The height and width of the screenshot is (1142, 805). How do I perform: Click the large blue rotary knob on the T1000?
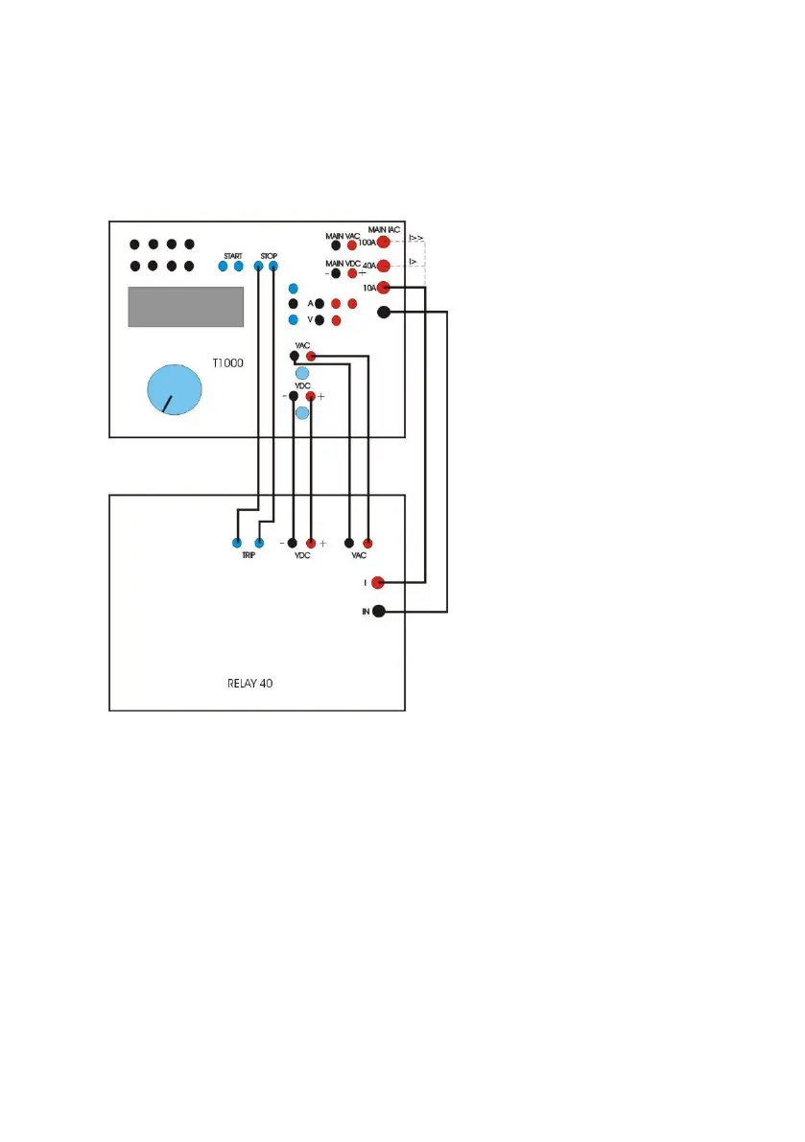[175, 392]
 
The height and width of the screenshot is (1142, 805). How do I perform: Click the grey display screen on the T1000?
[185, 307]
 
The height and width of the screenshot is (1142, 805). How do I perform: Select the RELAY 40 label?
[246, 685]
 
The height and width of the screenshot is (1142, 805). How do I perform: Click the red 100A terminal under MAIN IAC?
[383, 243]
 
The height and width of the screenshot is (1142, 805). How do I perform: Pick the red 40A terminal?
[383, 266]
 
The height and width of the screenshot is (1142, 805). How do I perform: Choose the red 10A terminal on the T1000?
[384, 288]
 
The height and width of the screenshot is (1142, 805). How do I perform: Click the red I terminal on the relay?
[378, 582]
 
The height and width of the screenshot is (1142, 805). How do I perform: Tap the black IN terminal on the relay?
[379, 611]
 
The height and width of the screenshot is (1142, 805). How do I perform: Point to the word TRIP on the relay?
[248, 556]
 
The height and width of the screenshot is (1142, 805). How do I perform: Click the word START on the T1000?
[233, 255]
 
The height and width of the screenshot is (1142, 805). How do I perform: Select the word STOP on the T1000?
[269, 255]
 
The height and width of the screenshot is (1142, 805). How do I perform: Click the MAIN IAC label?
[384, 230]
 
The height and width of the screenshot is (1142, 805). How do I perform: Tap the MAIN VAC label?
[342, 234]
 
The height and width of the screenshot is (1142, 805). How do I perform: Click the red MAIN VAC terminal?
[352, 245]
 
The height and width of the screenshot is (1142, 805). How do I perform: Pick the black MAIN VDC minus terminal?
[336, 273]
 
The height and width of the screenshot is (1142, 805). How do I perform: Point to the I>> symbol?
[416, 236]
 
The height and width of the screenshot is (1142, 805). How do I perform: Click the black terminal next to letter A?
[320, 303]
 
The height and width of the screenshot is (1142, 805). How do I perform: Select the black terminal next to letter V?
[320, 320]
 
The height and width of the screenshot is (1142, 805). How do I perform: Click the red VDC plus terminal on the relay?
[310, 543]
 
